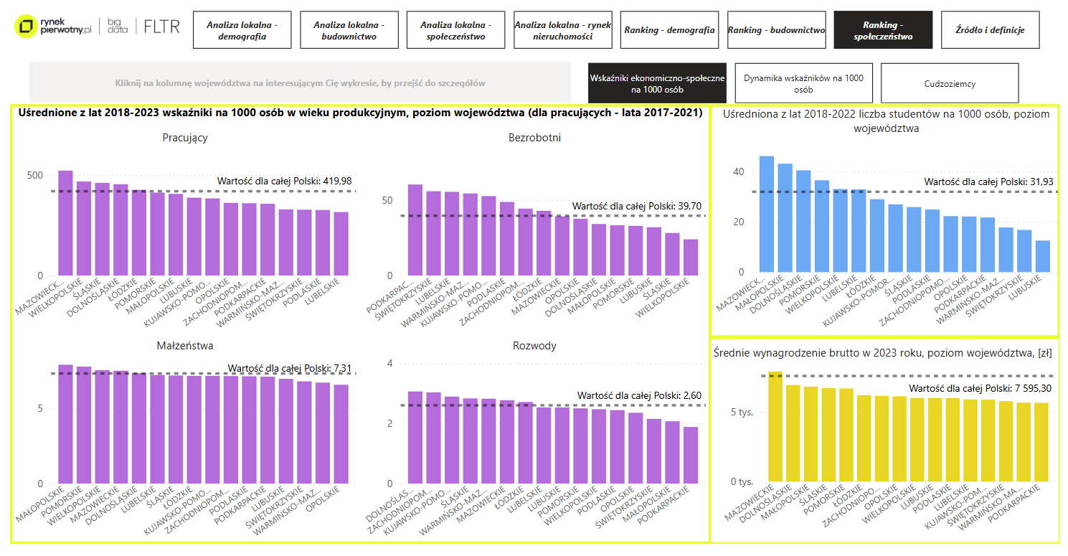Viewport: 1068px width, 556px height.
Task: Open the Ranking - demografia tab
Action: (x=669, y=30)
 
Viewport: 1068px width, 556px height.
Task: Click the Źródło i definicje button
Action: (x=990, y=30)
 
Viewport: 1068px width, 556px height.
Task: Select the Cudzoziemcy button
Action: (x=950, y=83)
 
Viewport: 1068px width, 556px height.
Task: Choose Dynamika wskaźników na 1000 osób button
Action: (x=803, y=83)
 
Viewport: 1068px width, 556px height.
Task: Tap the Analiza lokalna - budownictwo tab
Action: (x=349, y=30)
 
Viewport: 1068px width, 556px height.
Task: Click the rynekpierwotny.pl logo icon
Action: (x=27, y=27)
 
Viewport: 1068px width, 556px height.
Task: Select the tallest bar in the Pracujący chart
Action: (x=65, y=223)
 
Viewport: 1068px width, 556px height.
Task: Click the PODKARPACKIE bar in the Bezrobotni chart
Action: (x=415, y=230)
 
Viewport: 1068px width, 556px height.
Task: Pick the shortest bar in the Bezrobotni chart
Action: (x=690, y=258)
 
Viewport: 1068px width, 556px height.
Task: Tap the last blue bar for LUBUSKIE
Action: (x=1042, y=257)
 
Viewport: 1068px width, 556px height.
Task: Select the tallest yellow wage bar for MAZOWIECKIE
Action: (x=775, y=426)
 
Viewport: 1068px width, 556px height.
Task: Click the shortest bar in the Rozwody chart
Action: (x=690, y=455)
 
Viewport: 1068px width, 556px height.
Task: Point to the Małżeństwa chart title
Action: (x=185, y=346)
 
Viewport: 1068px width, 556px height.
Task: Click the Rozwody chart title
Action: (x=534, y=346)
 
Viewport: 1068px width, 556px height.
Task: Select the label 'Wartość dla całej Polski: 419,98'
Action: (x=285, y=181)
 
